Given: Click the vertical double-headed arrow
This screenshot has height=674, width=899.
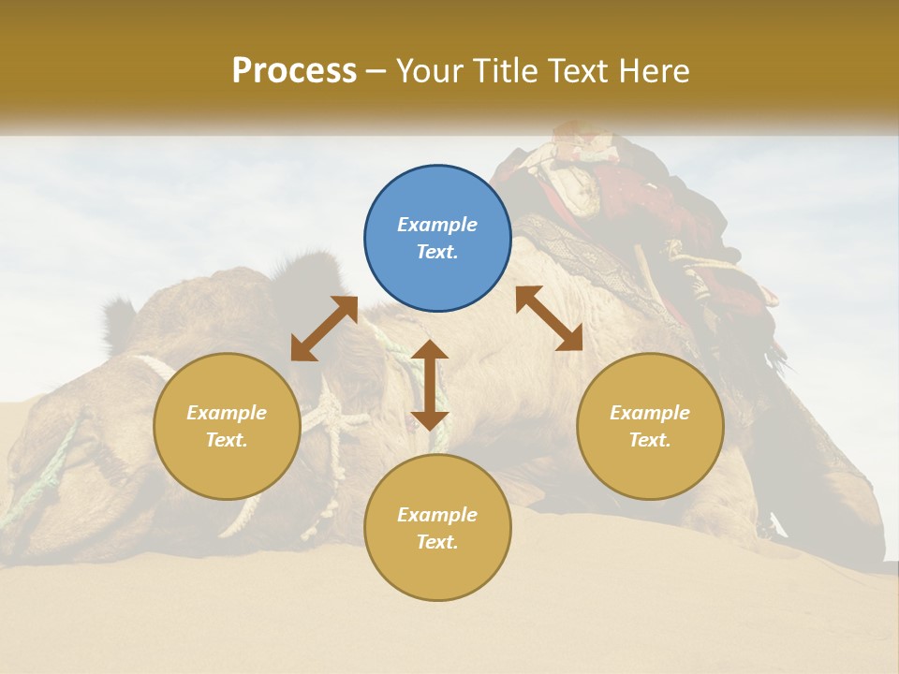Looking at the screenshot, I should (430, 385).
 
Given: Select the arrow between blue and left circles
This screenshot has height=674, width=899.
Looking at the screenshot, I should (324, 328).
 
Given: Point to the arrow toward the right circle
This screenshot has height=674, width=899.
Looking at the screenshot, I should (549, 318).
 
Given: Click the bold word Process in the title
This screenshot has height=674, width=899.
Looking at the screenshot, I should (294, 70).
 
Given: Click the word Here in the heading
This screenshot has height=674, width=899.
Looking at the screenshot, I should (655, 70).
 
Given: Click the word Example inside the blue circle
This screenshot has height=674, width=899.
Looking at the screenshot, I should (437, 225).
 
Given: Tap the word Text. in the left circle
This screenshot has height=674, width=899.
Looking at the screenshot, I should (227, 440).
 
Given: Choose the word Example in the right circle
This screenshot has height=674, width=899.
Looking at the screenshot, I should (650, 413).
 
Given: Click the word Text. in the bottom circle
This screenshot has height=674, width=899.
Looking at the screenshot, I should (437, 542).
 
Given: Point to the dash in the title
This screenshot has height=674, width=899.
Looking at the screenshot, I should (376, 72).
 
